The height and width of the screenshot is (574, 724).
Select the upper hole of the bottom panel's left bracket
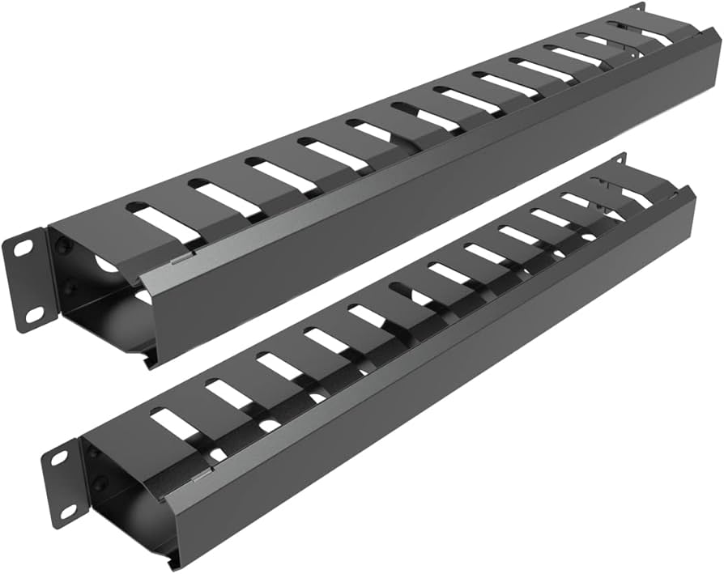click(59, 458)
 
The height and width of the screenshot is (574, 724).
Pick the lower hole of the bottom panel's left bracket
click(69, 511)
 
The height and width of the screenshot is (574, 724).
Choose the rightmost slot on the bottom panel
click(640, 194)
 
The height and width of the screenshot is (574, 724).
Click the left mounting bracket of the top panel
click(29, 280)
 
